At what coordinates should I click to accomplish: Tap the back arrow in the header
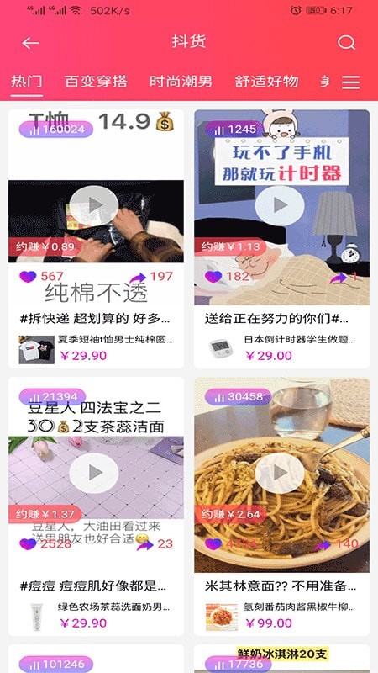pos(31,43)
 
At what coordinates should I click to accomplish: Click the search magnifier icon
pos(346,43)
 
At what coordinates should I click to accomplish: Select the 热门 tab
pos(26,82)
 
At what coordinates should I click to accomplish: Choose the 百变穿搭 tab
pos(96,82)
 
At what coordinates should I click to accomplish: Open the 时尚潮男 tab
pos(181,82)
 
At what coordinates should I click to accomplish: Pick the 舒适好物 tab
pos(266,82)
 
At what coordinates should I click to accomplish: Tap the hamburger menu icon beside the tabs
pos(351,82)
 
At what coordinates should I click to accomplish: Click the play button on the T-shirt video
pos(95,204)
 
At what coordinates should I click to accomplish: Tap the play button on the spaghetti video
pos(280,474)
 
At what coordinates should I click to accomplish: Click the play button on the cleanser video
pos(95,474)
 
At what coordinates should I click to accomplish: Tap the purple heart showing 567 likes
pos(29,276)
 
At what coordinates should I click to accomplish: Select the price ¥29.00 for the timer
pos(269,355)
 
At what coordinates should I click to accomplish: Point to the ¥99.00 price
pos(269,623)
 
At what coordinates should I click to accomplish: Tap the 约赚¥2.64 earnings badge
pos(230,514)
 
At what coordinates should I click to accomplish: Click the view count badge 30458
pos(239,396)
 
